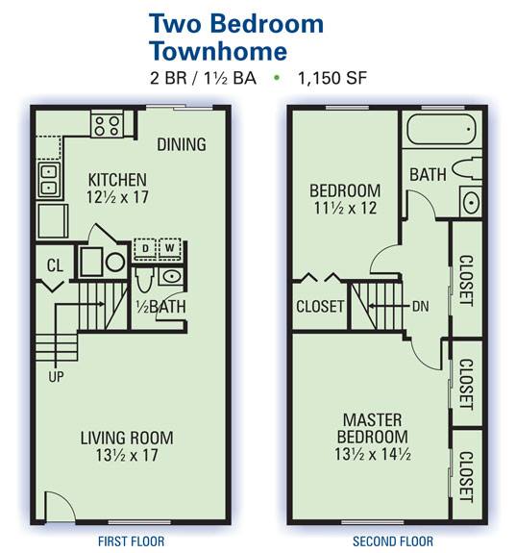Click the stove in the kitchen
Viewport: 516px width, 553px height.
click(x=108, y=125)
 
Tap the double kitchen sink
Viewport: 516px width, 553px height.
click(x=49, y=180)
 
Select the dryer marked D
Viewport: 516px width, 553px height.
click(x=144, y=249)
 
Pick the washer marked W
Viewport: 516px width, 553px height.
click(x=170, y=249)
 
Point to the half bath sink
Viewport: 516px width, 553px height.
click(x=171, y=277)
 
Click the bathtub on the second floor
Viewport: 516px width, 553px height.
click(x=441, y=130)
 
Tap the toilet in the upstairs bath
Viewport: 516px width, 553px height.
click(x=467, y=168)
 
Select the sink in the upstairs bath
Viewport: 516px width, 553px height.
click(x=471, y=202)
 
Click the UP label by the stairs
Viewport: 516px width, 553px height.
click(x=56, y=377)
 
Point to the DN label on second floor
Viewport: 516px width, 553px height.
click(x=421, y=306)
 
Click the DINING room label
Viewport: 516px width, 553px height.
click(x=182, y=144)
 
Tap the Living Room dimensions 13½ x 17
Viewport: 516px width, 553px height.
click(x=127, y=455)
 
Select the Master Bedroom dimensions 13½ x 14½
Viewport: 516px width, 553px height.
click(x=373, y=454)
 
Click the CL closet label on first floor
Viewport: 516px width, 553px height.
click(x=55, y=265)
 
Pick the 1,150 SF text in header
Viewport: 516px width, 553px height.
click(x=332, y=78)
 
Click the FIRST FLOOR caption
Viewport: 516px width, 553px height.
click(x=131, y=541)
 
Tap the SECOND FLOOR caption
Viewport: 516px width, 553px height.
click(x=393, y=541)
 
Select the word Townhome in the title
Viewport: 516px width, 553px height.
click(x=218, y=51)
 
